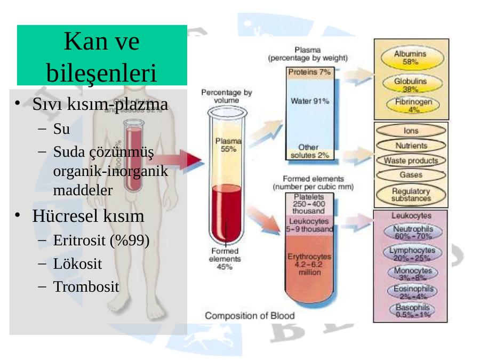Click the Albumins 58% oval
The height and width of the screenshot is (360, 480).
point(410,58)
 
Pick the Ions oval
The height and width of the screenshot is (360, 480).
point(411,130)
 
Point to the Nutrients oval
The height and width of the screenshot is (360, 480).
point(411,146)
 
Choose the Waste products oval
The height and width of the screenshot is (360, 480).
point(411,161)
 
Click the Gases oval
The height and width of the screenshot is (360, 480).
point(411,175)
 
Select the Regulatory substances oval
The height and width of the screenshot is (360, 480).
point(411,195)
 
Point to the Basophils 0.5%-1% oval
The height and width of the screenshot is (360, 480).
point(412,311)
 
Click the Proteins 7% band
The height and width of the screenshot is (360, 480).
point(309,72)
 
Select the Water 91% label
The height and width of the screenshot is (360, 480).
point(309,101)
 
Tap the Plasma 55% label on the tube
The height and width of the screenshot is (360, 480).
point(228,145)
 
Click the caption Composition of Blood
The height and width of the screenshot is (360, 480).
point(250,316)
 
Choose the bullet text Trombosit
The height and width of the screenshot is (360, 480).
point(86,286)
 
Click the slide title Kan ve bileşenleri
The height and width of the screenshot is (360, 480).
point(102,55)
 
